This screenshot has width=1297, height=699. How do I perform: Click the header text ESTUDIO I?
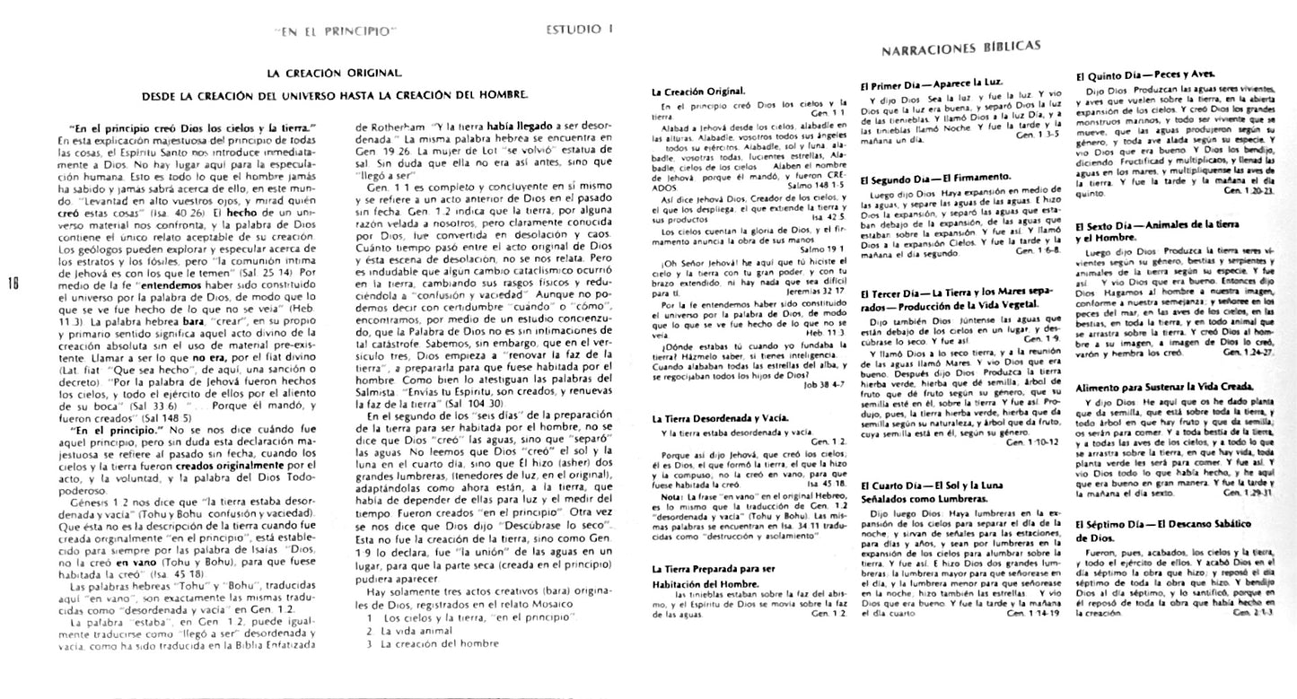point(579,29)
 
